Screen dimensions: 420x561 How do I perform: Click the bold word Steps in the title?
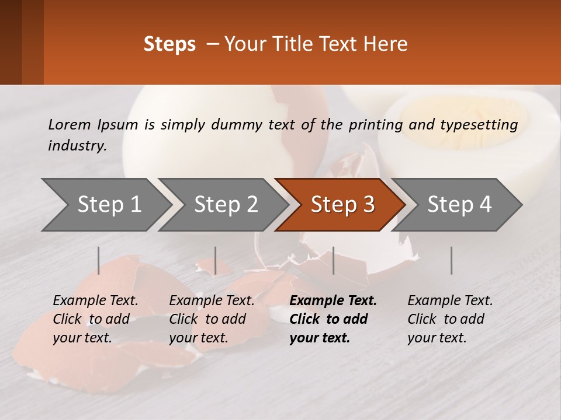[169, 44]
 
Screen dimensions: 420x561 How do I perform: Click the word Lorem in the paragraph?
[69, 124]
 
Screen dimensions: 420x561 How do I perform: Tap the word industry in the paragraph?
[77, 146]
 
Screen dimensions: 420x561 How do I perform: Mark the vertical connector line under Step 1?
[99, 260]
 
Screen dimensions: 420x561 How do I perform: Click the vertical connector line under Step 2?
[216, 260]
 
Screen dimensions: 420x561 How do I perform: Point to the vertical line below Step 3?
[333, 260]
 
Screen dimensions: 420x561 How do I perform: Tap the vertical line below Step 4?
[451, 260]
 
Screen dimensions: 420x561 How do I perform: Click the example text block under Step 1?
[95, 319]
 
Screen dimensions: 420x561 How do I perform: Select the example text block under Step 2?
[212, 319]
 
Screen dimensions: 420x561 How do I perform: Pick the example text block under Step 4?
[450, 319]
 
